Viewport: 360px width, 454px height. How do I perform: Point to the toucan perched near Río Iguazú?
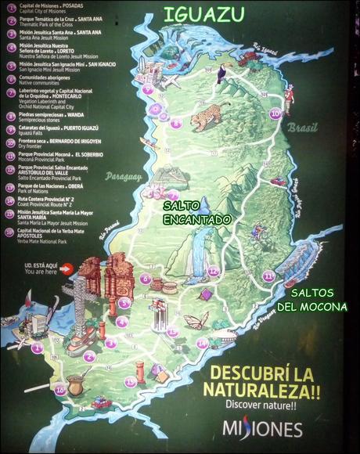(223, 74)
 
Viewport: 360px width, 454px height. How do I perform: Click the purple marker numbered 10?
(275, 113)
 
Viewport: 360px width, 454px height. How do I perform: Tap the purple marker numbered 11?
(268, 276)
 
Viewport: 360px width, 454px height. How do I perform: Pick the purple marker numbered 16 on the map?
(59, 390)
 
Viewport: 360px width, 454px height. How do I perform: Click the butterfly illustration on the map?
(196, 319)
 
